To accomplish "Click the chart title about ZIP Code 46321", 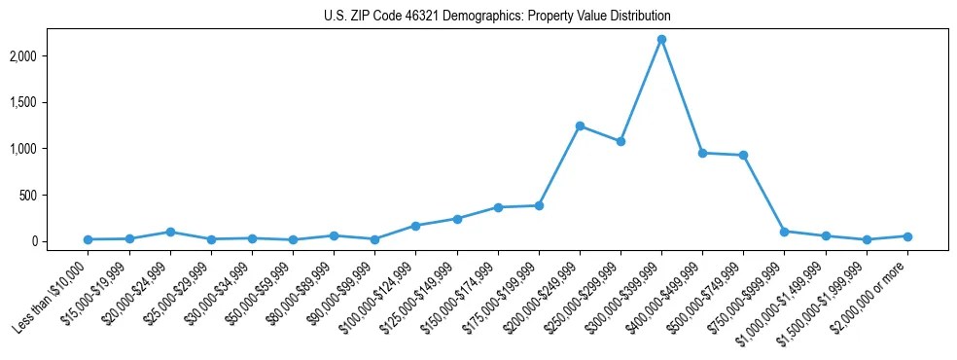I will (497, 17).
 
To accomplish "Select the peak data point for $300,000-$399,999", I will (661, 40).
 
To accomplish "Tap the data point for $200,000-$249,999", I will (580, 126).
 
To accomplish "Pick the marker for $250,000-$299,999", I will (620, 141).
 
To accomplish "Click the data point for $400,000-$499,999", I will (702, 153).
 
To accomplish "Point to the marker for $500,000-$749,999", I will (743, 155).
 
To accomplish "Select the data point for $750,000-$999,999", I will (784, 232).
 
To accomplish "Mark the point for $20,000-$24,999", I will (170, 232).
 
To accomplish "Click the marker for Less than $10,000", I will (89, 239).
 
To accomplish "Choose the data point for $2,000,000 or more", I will (907, 236).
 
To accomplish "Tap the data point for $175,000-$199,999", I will (539, 205).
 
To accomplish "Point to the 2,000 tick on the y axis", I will (49, 56).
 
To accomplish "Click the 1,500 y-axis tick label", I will (49, 102).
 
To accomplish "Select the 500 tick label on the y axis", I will (54, 195).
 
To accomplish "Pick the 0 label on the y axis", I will (60, 241).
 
